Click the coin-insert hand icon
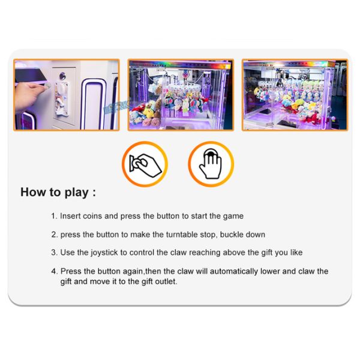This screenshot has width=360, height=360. click(x=145, y=163)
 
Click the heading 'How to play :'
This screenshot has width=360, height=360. click(x=58, y=193)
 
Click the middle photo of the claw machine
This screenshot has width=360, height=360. click(x=180, y=95)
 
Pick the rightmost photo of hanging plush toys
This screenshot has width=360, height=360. click(x=294, y=95)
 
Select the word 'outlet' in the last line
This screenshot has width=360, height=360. click(x=166, y=281)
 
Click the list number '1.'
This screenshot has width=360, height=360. click(x=54, y=216)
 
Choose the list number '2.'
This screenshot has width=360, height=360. click(x=54, y=235)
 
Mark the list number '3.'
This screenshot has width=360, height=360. click(x=54, y=253)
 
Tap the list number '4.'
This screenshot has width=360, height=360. click(x=54, y=271)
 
